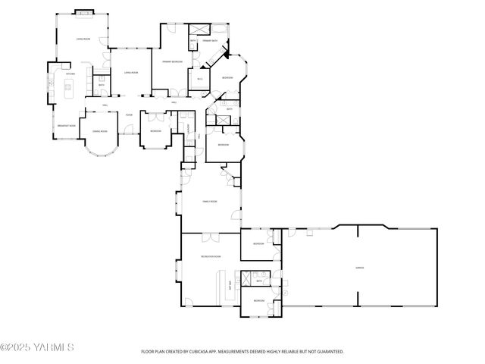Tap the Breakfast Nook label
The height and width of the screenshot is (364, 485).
(67, 126)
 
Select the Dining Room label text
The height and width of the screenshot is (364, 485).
(99, 131)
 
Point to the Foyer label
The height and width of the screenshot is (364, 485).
(130, 115)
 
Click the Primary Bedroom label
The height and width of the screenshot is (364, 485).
(171, 61)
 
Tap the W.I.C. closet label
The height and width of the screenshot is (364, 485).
(200, 79)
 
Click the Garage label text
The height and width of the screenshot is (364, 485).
(360, 267)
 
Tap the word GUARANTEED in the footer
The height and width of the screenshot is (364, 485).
(327, 352)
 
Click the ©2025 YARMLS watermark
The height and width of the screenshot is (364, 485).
(36, 347)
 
